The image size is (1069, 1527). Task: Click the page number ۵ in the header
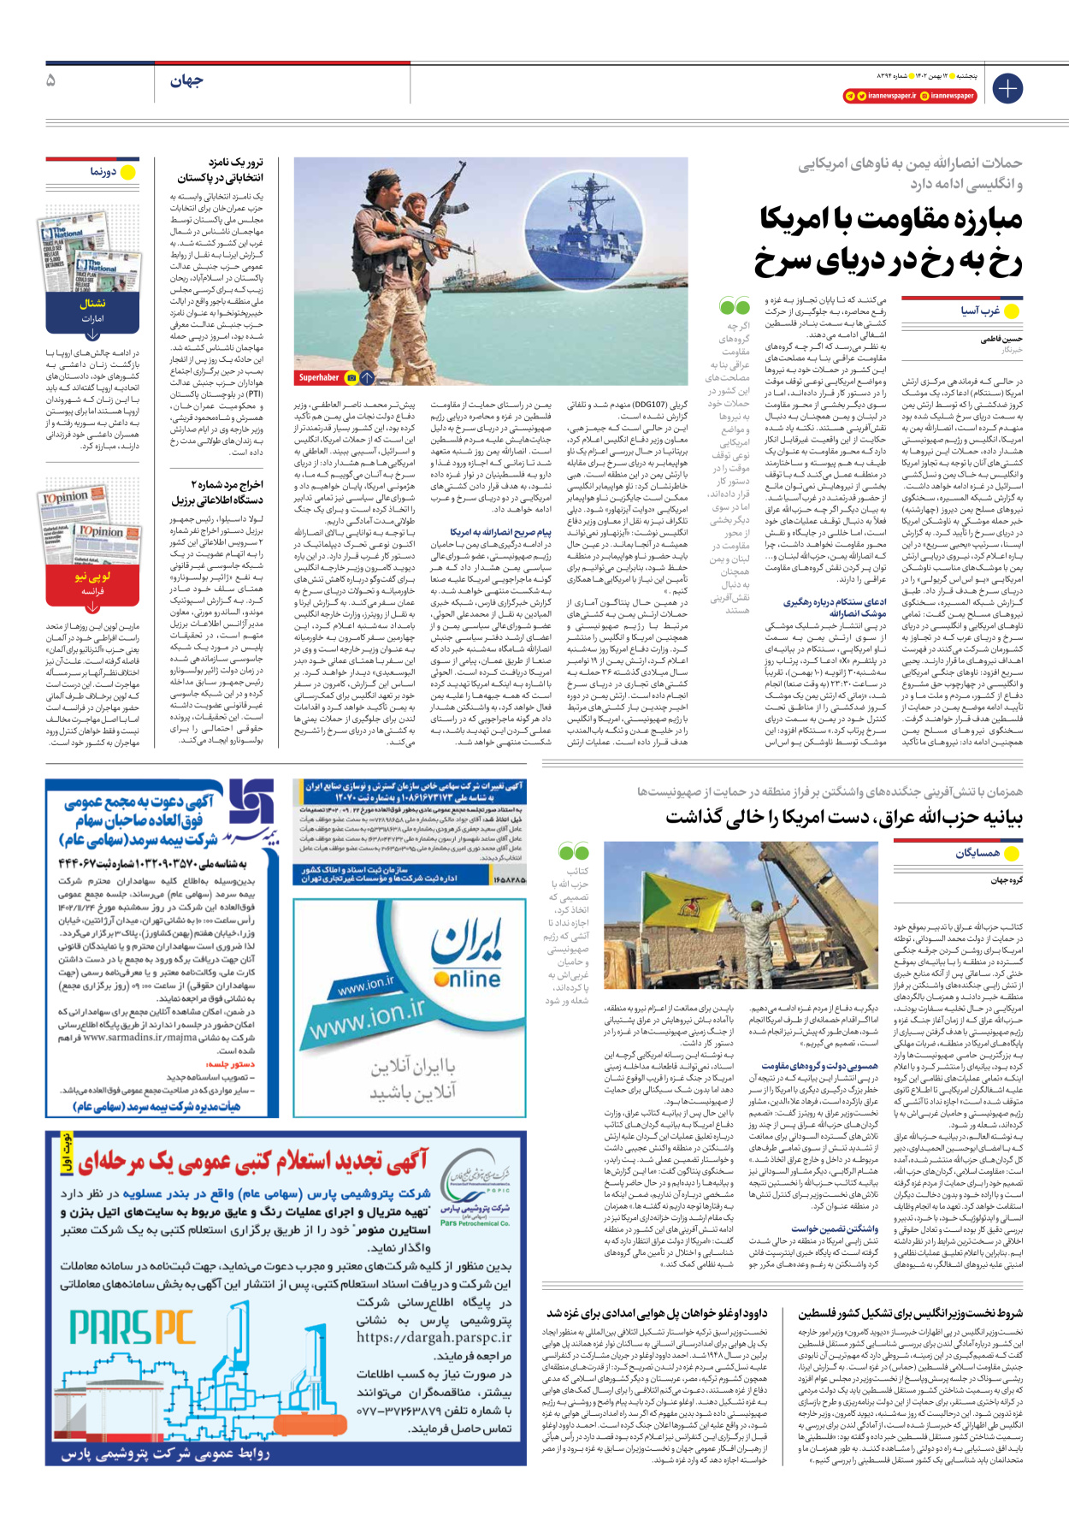[x=51, y=80]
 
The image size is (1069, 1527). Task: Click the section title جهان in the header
[x=186, y=81]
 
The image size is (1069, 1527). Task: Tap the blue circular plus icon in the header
[x=1007, y=88]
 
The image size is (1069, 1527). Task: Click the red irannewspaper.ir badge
[x=880, y=96]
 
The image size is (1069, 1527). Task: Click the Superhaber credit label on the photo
[x=319, y=377]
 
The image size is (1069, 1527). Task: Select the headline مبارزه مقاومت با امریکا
[x=890, y=220]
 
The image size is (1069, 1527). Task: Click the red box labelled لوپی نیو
[x=92, y=577]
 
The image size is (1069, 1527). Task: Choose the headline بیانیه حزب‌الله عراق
[x=843, y=818]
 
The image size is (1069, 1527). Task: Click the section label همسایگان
[x=977, y=853]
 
